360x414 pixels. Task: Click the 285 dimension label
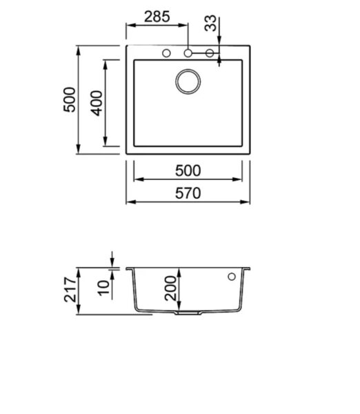coord(157,17)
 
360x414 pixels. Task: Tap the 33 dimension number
coord(210,23)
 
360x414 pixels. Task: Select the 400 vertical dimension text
coord(97,103)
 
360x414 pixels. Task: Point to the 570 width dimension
coord(188,193)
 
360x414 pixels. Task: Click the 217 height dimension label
coord(70,289)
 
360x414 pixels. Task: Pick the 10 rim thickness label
coord(103,288)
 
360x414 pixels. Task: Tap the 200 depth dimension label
coord(170,288)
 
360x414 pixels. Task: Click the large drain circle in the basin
coord(188,81)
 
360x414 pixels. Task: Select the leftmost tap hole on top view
coord(166,53)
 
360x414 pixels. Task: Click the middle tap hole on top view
coord(188,53)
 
